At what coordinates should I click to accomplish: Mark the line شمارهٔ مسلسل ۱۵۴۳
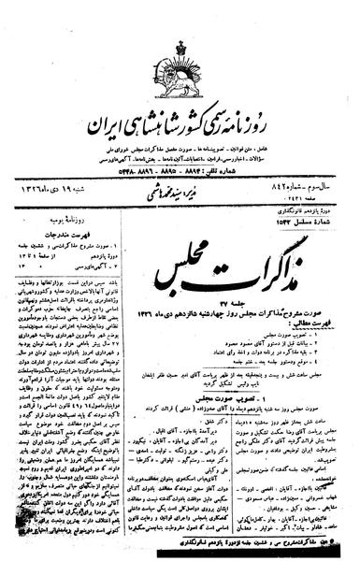tap(310, 204)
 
